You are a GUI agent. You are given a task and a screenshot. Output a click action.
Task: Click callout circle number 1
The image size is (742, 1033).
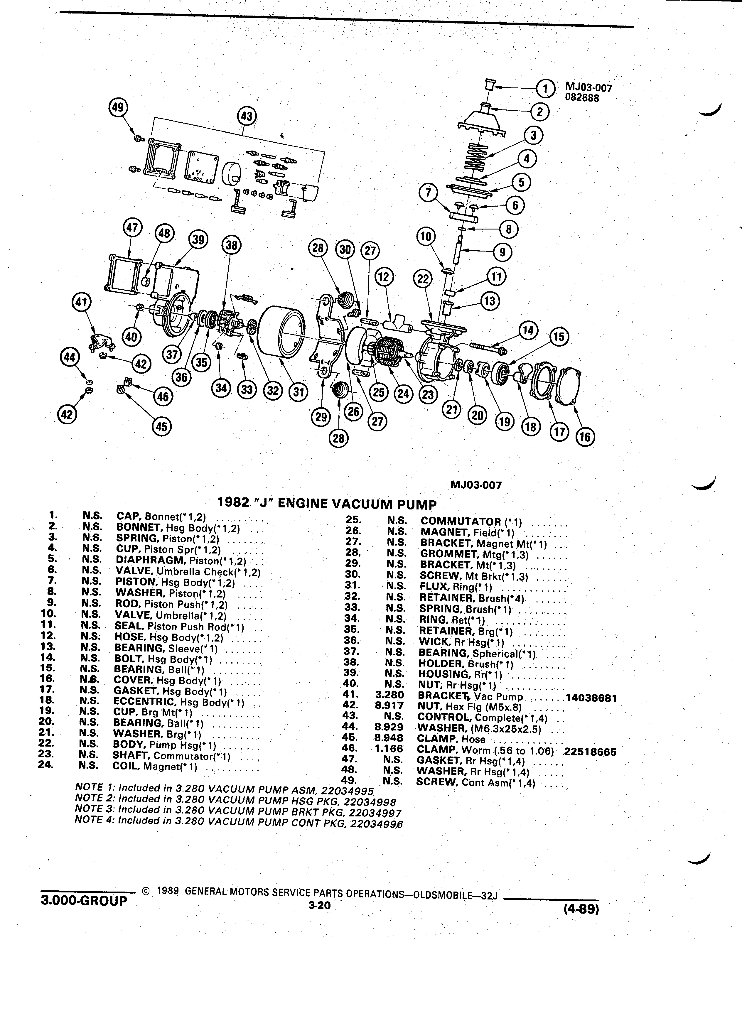point(545,88)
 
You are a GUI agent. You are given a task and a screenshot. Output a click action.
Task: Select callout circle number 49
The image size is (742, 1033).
point(119,107)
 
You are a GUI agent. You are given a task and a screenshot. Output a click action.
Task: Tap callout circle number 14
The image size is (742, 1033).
point(528,330)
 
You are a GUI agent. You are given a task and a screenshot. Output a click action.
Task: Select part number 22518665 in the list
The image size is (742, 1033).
point(590,752)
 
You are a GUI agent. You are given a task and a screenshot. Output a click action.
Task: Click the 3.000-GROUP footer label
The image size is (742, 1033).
point(84,901)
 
